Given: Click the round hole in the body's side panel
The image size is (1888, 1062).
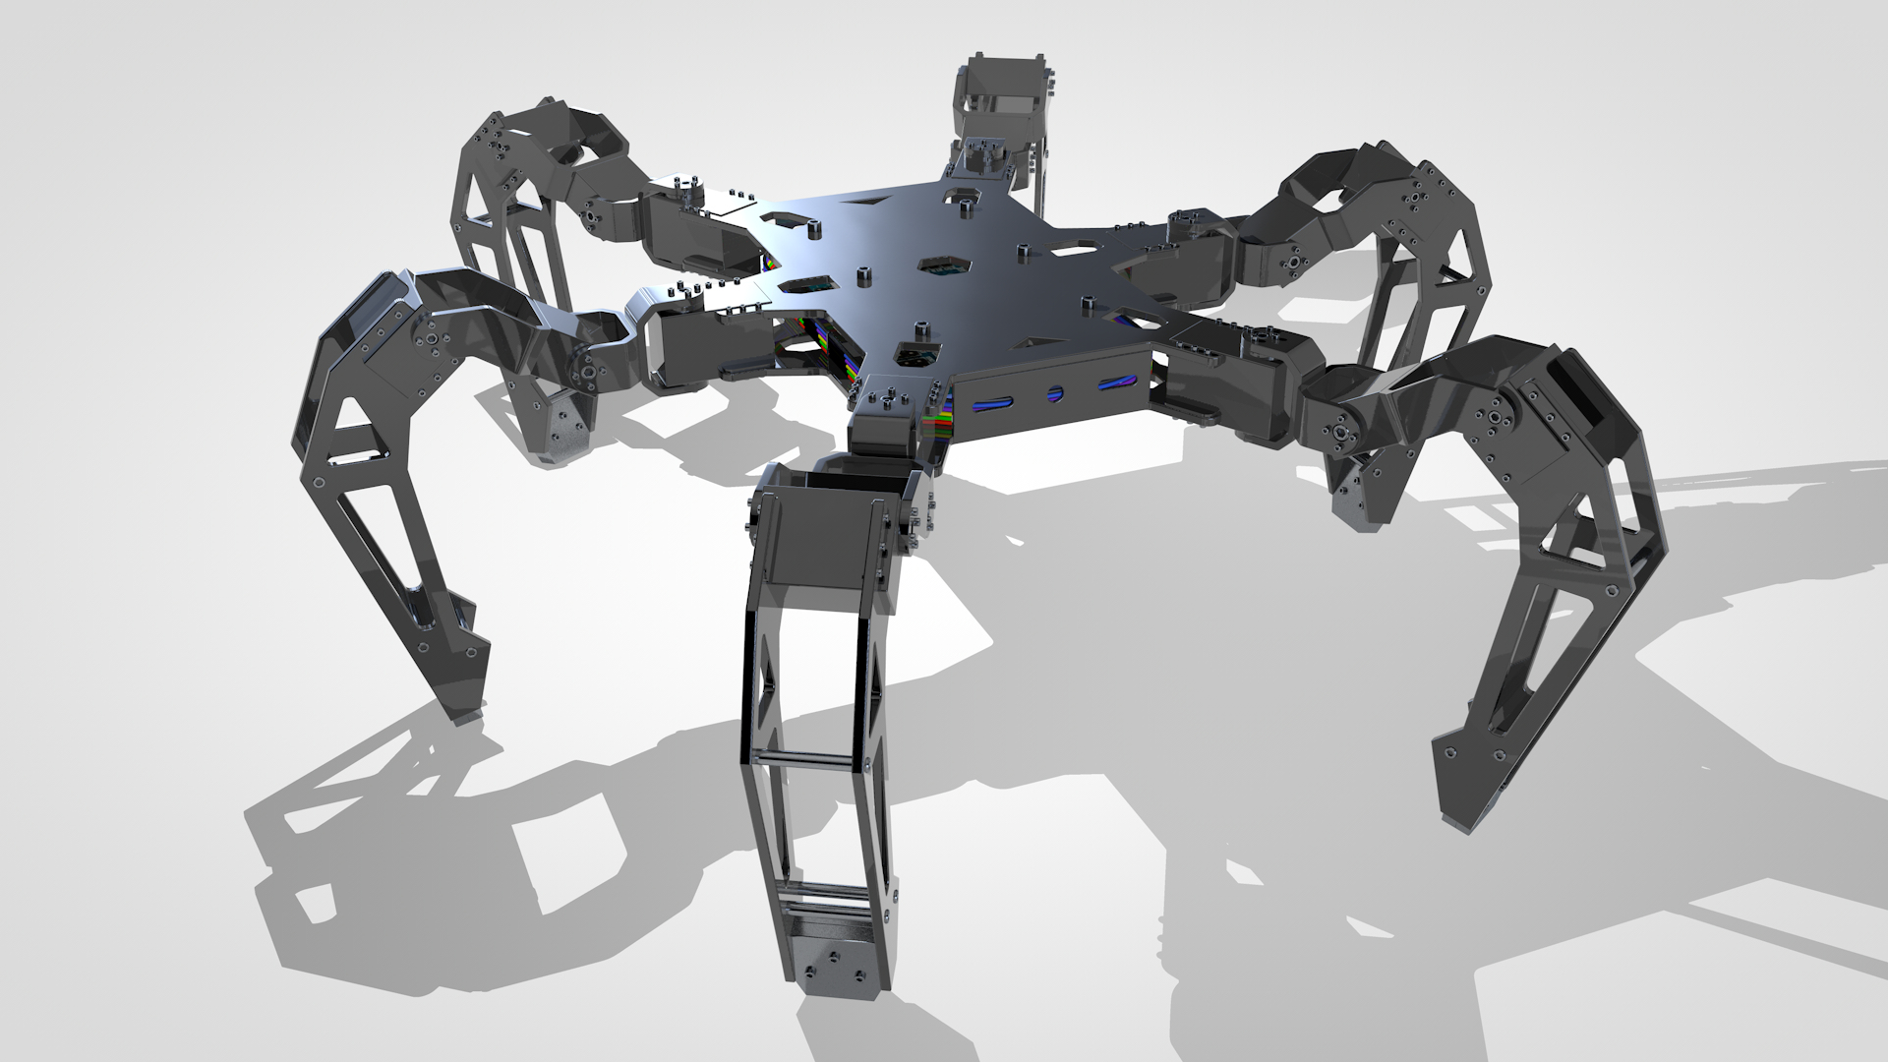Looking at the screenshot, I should point(1055,393).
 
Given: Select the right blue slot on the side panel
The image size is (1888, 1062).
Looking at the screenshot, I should point(1114,383).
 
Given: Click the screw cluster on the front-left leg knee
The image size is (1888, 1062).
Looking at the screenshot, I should point(430,340).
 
